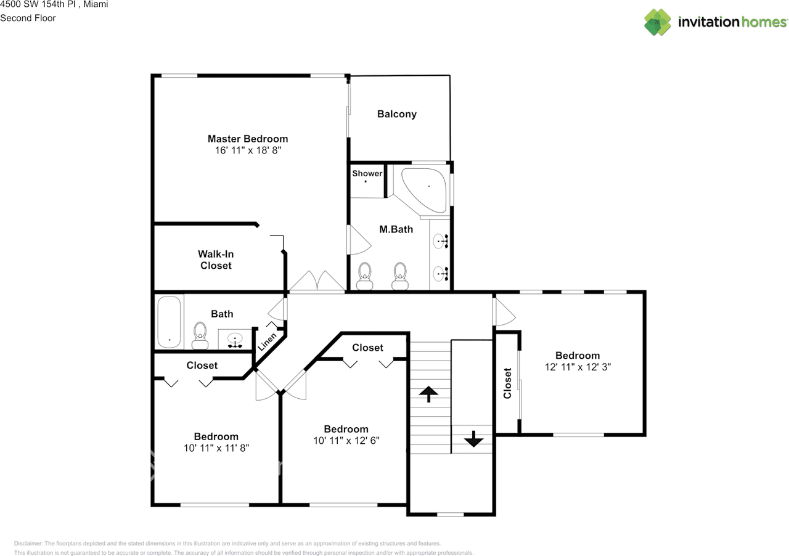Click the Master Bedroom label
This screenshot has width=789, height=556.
(x=247, y=139)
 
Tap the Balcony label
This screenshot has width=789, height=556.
(x=396, y=114)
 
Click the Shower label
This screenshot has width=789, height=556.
(x=367, y=173)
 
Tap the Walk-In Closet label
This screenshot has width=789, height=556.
(x=216, y=260)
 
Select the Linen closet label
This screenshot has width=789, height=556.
(x=267, y=341)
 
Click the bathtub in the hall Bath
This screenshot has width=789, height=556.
(x=169, y=322)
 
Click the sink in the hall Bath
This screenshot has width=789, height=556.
(x=235, y=339)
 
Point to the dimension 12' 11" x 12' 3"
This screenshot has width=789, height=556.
(x=578, y=366)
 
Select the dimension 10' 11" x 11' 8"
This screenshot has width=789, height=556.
(x=216, y=448)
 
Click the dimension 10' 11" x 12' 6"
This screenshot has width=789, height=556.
(x=346, y=440)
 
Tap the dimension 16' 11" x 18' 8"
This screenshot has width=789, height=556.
(x=247, y=150)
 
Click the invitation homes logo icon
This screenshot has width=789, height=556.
(x=658, y=22)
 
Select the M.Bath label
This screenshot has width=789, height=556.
(x=396, y=229)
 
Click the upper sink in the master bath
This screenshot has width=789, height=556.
(x=440, y=242)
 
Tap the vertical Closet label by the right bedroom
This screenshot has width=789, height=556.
(x=507, y=383)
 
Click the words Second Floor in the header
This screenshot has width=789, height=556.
(x=28, y=18)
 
